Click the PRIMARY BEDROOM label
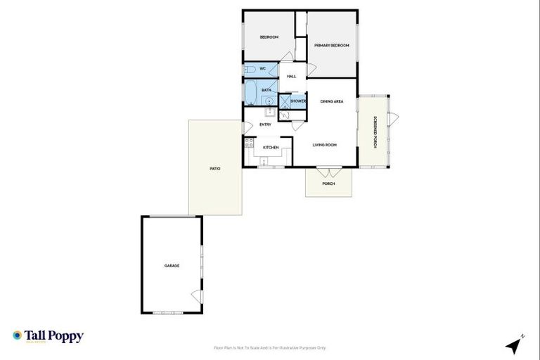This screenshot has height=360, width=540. [332, 46]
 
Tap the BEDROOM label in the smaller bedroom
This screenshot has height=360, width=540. [269, 37]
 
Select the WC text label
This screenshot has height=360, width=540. [262, 69]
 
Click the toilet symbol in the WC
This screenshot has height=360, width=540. [249, 70]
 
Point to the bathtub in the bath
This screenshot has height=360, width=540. [251, 91]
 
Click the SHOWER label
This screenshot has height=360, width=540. [298, 101]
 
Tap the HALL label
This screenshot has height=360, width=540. [291, 76]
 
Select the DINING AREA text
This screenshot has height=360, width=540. [332, 102]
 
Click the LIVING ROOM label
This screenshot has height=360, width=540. [325, 145]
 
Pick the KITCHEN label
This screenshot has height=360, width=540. [271, 148]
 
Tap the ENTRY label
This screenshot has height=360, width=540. [265, 124]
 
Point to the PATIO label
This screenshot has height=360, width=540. [215, 169]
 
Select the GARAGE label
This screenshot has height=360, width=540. [172, 266]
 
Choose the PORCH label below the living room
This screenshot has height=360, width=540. [328, 184]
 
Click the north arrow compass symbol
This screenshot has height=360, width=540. [515, 345]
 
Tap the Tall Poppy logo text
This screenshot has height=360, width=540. [54, 336]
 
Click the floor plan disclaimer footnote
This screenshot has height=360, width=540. [270, 347]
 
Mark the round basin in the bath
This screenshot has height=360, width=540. [269, 101]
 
